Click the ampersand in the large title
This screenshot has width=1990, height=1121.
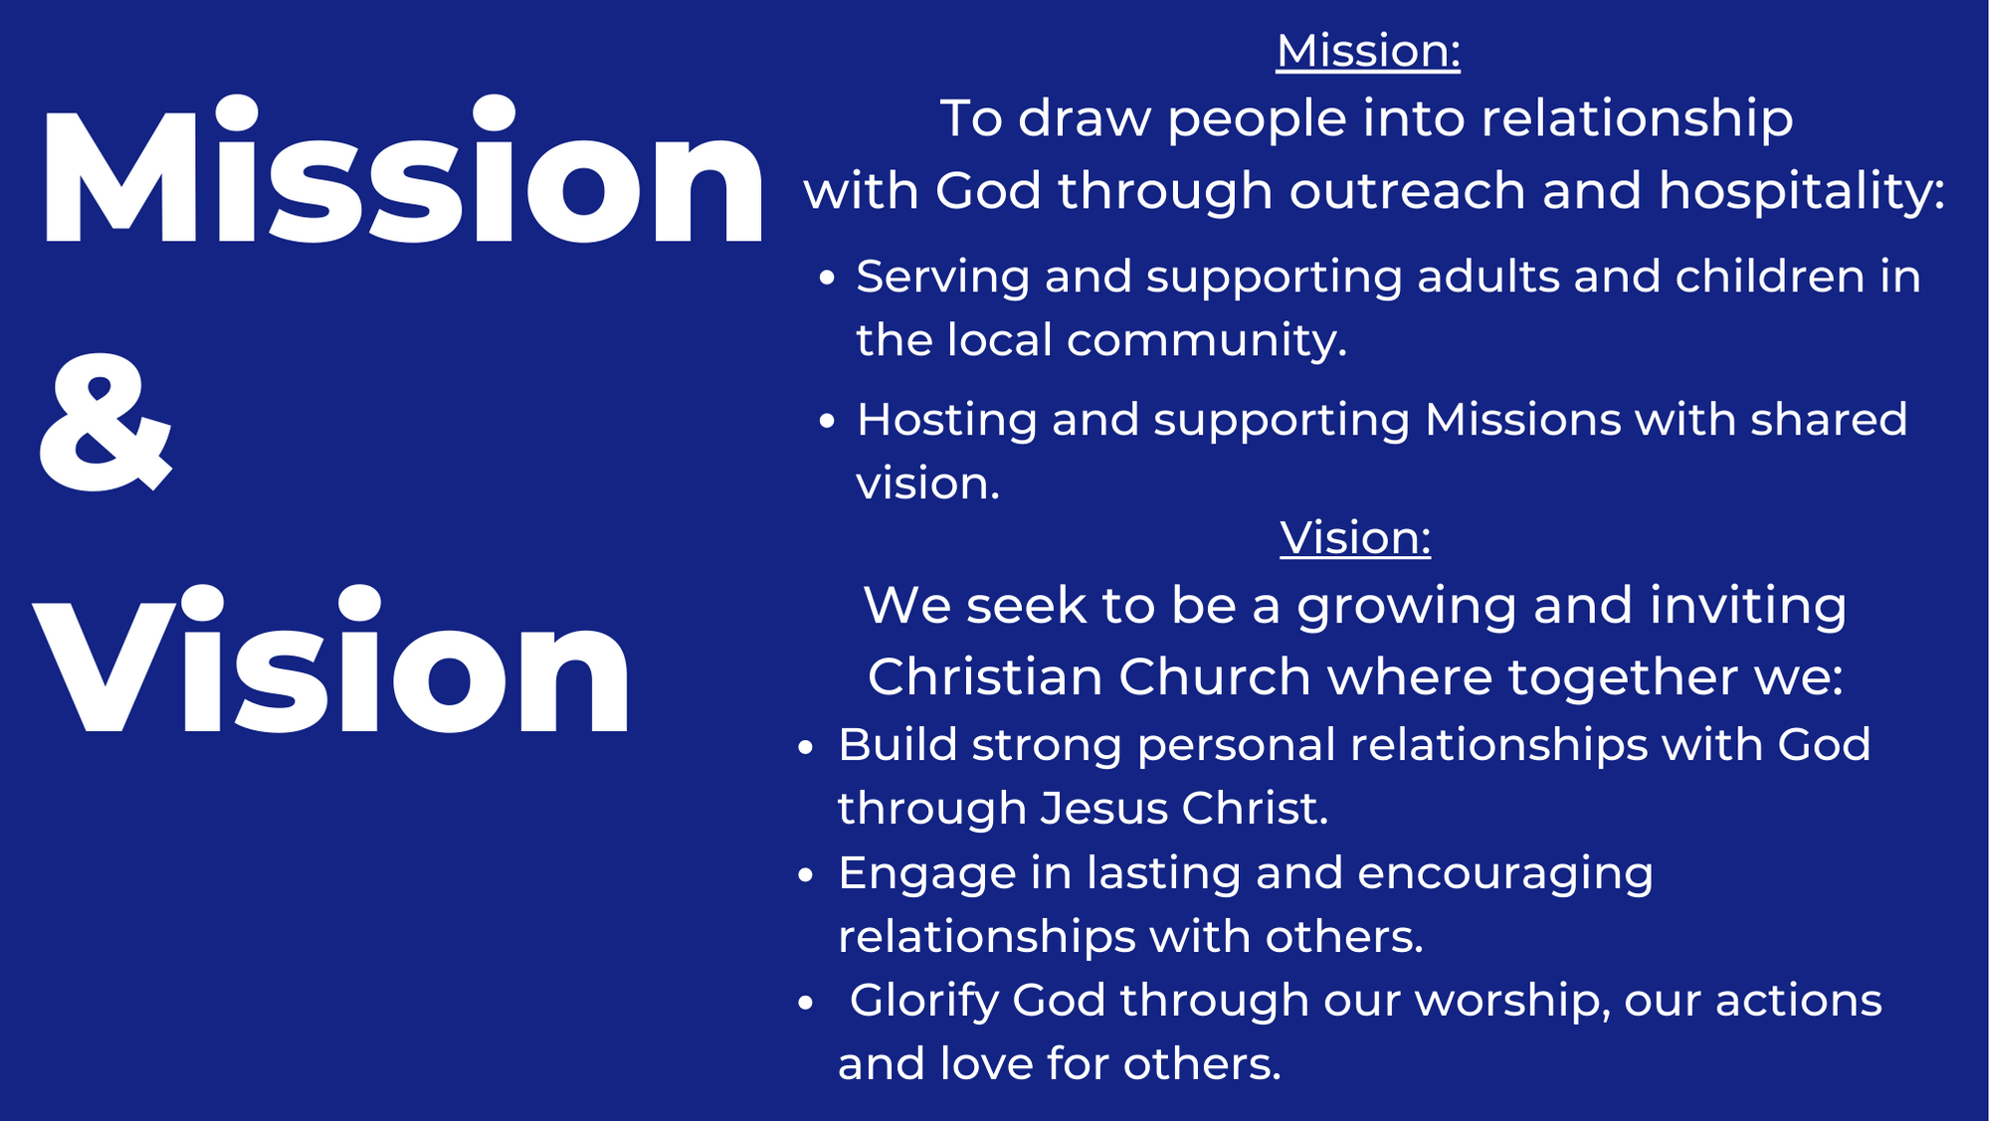(105, 423)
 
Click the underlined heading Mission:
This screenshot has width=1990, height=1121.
(1368, 51)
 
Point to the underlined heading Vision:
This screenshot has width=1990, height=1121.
(1355, 538)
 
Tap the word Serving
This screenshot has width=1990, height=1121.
(942, 278)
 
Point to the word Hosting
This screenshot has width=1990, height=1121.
(946, 421)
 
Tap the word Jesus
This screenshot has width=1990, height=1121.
(1103, 808)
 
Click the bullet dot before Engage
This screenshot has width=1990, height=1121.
(806, 875)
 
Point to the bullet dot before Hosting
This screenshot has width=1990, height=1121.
(827, 421)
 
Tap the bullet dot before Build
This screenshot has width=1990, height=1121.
(806, 747)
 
